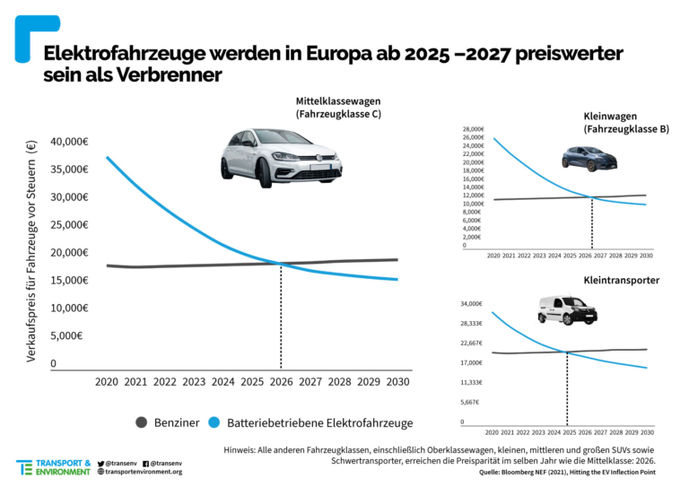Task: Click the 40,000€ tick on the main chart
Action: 69,142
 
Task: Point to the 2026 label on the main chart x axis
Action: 282,381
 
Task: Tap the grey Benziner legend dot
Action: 141,422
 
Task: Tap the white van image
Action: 566,310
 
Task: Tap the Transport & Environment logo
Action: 53,467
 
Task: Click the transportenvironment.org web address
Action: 144,472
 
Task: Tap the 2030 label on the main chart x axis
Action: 398,381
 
